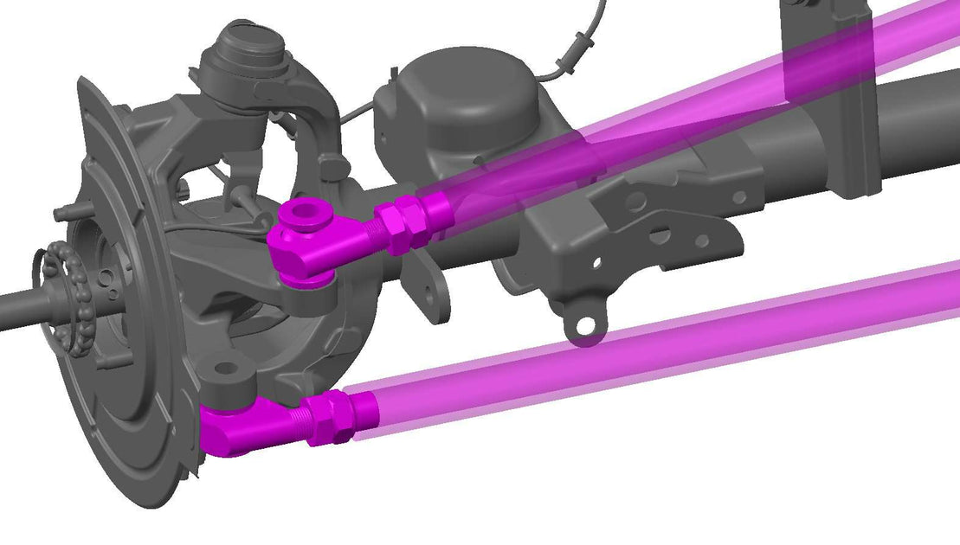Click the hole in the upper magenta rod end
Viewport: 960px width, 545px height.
[307, 213]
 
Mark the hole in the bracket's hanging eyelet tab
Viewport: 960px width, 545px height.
[587, 325]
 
